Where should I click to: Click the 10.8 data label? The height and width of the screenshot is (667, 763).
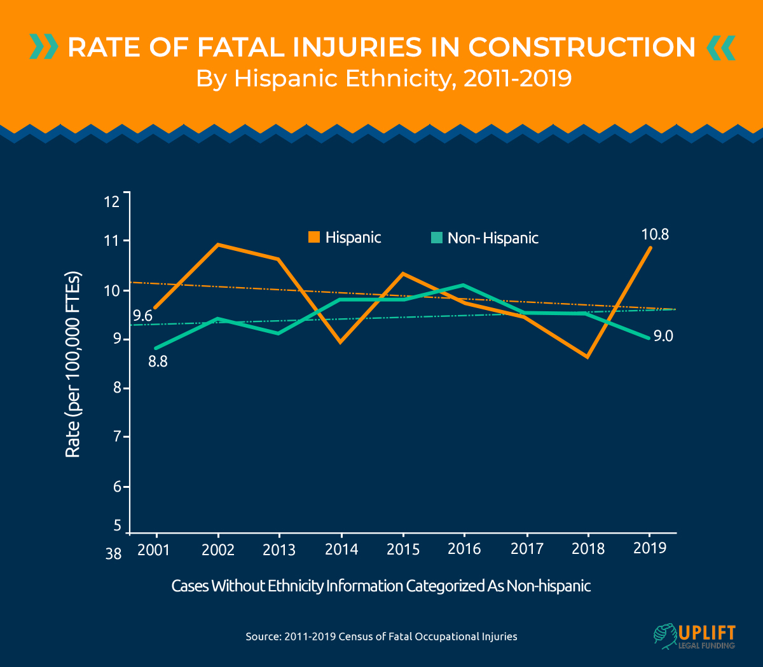[654, 234]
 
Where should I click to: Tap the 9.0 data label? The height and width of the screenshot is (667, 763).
[663, 336]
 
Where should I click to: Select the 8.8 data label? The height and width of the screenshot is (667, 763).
[158, 363]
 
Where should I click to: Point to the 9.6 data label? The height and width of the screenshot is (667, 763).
[142, 316]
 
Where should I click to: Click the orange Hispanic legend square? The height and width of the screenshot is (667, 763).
[314, 238]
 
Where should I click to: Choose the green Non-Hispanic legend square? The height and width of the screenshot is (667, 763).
[436, 238]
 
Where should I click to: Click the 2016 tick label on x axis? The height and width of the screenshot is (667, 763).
[464, 549]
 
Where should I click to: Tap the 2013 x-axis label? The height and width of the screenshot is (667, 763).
[279, 550]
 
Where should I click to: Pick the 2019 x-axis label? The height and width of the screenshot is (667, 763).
[650, 548]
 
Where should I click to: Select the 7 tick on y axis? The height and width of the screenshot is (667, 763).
[116, 438]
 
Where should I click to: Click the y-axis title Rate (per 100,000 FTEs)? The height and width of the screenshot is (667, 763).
[73, 365]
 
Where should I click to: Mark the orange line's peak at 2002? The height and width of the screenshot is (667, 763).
[218, 244]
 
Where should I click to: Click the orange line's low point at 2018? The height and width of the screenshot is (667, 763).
[588, 357]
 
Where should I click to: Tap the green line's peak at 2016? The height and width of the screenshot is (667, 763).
[464, 285]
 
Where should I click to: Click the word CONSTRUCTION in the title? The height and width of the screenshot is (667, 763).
[582, 48]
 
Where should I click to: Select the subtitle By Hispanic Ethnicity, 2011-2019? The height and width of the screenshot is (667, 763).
[383, 79]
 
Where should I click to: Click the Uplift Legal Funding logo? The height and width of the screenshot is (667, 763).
[694, 637]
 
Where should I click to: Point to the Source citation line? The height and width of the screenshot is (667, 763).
[381, 636]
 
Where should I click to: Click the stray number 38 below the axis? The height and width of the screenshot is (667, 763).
[113, 555]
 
